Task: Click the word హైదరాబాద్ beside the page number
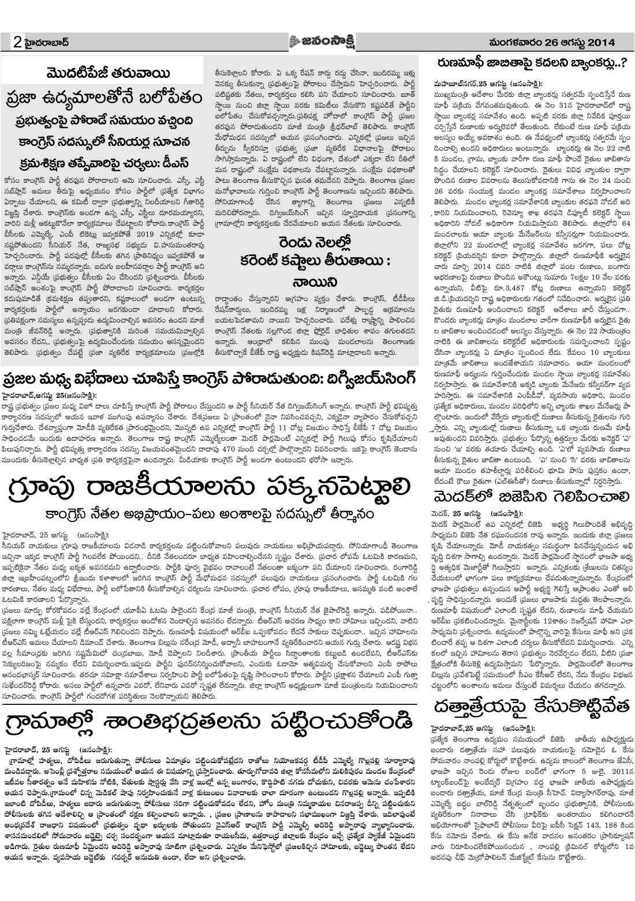click(x=48, y=43)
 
